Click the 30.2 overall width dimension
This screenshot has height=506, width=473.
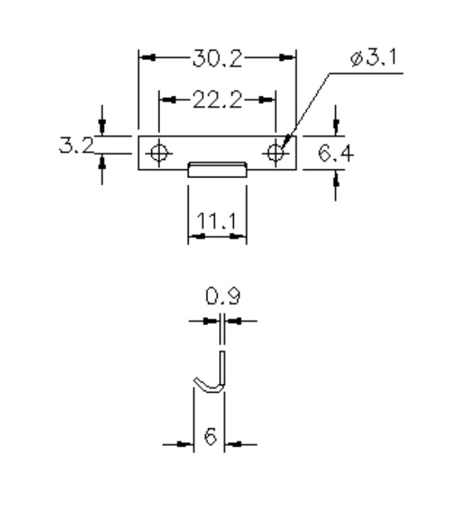(217, 59)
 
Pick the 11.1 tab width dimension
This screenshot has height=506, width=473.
(216, 220)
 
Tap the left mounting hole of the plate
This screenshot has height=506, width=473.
(159, 152)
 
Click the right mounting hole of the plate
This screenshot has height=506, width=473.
(275, 152)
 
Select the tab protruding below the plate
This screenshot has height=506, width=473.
(216, 169)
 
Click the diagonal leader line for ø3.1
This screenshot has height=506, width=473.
(307, 105)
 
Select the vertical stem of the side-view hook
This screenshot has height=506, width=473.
(222, 368)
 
